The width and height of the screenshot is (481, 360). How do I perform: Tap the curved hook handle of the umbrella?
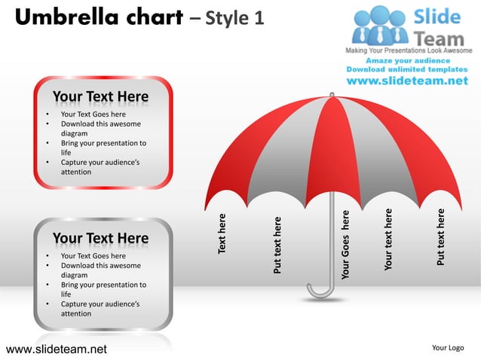(x=319, y=290)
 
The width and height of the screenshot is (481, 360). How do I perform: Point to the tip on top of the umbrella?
(x=330, y=94)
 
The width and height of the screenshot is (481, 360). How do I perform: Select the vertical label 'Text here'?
(x=222, y=233)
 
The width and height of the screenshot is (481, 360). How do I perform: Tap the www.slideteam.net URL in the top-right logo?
(x=412, y=81)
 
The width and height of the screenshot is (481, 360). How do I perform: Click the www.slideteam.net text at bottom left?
(x=57, y=349)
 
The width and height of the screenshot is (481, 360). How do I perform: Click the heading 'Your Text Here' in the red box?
(x=100, y=97)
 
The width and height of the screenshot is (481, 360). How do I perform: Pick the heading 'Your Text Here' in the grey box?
(x=100, y=239)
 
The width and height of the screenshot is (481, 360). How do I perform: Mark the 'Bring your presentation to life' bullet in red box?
(x=103, y=148)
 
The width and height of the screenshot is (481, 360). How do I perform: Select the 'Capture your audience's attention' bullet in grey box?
(x=103, y=309)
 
